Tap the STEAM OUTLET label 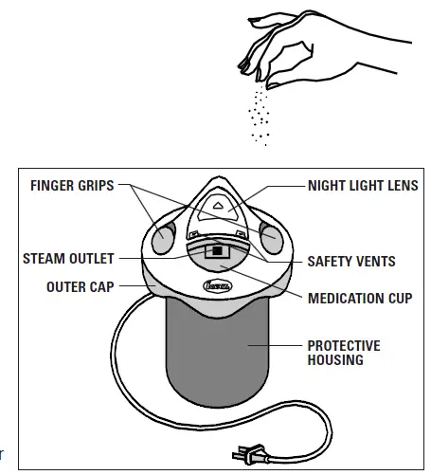point(69,258)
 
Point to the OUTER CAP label point(81,284)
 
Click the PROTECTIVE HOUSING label point(343,353)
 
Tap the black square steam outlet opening point(216,252)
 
